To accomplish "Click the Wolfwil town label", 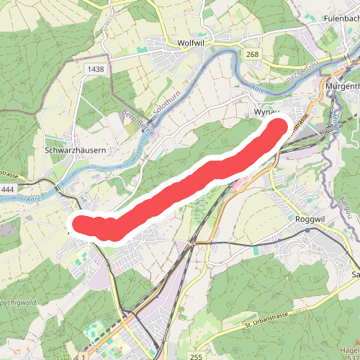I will click(192, 43).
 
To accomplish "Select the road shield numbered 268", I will click(251, 54).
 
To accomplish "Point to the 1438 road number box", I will click(93, 68).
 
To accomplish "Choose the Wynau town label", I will click(265, 114).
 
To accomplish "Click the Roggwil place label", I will click(312, 219).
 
